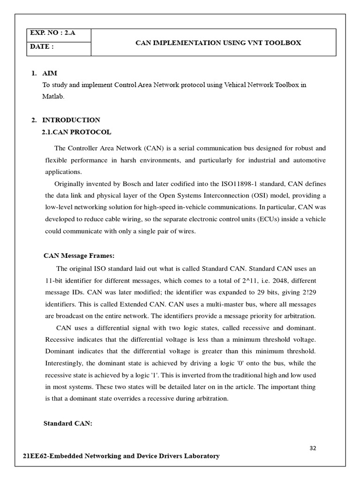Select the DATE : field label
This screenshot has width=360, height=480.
(42, 47)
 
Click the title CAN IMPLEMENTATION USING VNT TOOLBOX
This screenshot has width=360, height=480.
(218, 43)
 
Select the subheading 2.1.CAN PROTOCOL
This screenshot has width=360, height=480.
(77, 132)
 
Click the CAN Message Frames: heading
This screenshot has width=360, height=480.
(79, 255)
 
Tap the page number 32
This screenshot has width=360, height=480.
(313, 448)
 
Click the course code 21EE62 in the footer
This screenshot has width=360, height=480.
(37, 456)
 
